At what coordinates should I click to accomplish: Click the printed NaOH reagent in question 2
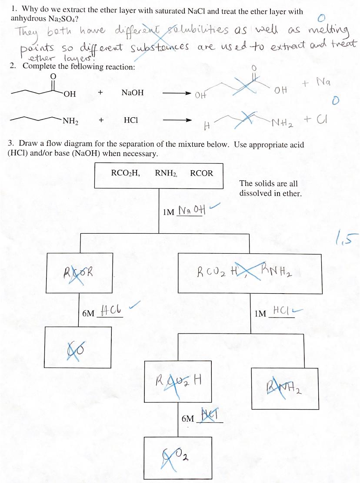click(132, 93)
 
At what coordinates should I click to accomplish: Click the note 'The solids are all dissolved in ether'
click(270, 189)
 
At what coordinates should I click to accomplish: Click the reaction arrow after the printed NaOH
click(176, 93)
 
